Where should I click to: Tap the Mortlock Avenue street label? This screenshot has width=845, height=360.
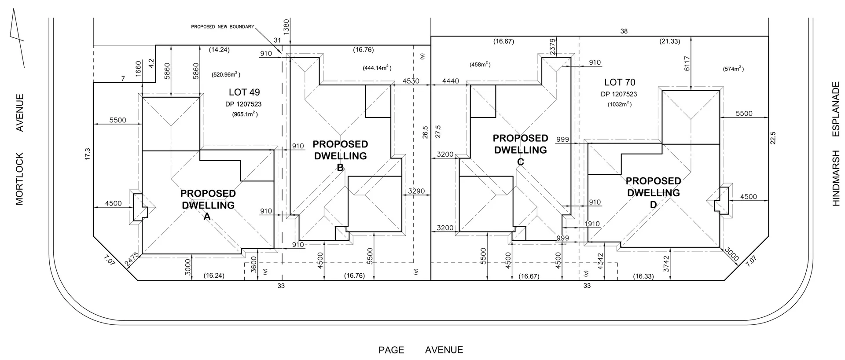click(20, 150)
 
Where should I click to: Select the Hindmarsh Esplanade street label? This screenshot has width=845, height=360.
click(836, 150)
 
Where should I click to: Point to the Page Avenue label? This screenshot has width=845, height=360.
click(421, 350)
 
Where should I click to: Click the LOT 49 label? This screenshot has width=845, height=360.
click(244, 92)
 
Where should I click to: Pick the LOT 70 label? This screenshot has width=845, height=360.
click(620, 82)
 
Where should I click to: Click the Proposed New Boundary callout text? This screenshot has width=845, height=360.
click(222, 27)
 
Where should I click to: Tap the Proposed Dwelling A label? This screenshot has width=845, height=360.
click(208, 205)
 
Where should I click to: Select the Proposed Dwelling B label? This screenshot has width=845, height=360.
click(340, 155)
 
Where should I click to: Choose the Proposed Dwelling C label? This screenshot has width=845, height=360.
click(520, 150)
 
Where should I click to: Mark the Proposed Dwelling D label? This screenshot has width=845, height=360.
click(653, 192)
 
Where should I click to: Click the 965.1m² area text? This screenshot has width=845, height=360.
click(245, 114)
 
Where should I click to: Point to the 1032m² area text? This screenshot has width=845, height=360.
click(619, 104)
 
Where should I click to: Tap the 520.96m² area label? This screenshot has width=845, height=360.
click(226, 74)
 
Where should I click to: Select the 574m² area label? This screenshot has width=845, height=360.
click(733, 69)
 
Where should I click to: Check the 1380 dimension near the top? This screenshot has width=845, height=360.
click(287, 27)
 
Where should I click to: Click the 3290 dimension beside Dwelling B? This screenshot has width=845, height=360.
click(416, 191)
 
